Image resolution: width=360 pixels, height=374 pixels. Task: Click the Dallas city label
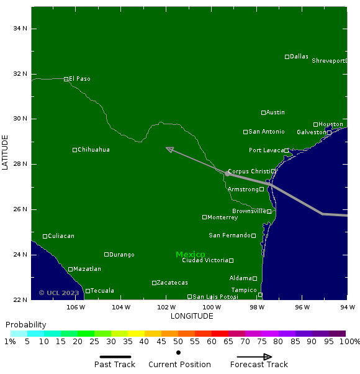(299, 57)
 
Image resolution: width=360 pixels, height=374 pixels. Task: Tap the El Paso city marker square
(66, 79)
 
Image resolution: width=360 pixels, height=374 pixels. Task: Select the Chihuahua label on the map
(94, 150)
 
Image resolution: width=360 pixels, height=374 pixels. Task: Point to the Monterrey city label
(223, 217)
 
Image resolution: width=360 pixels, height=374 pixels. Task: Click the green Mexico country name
(191, 255)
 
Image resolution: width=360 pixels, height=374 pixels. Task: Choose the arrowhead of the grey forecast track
(169, 149)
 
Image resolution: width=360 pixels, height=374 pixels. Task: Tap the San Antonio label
(266, 132)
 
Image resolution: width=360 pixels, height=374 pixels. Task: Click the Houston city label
(330, 124)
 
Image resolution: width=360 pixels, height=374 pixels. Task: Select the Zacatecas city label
(172, 283)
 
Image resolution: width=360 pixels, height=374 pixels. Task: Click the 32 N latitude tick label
(20, 74)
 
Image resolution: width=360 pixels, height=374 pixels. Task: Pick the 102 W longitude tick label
(166, 307)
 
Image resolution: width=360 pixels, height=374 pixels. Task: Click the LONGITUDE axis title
(192, 316)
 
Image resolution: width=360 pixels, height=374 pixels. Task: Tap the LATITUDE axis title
(5, 152)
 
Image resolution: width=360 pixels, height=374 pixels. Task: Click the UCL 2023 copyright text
(59, 293)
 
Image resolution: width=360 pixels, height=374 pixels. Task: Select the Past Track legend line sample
(115, 357)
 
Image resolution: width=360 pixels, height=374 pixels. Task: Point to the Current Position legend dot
(179, 352)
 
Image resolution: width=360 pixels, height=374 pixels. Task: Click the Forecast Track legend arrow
(251, 357)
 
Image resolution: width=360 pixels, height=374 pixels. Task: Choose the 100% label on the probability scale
(349, 342)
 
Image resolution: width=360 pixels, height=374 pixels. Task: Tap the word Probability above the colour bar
(26, 325)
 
